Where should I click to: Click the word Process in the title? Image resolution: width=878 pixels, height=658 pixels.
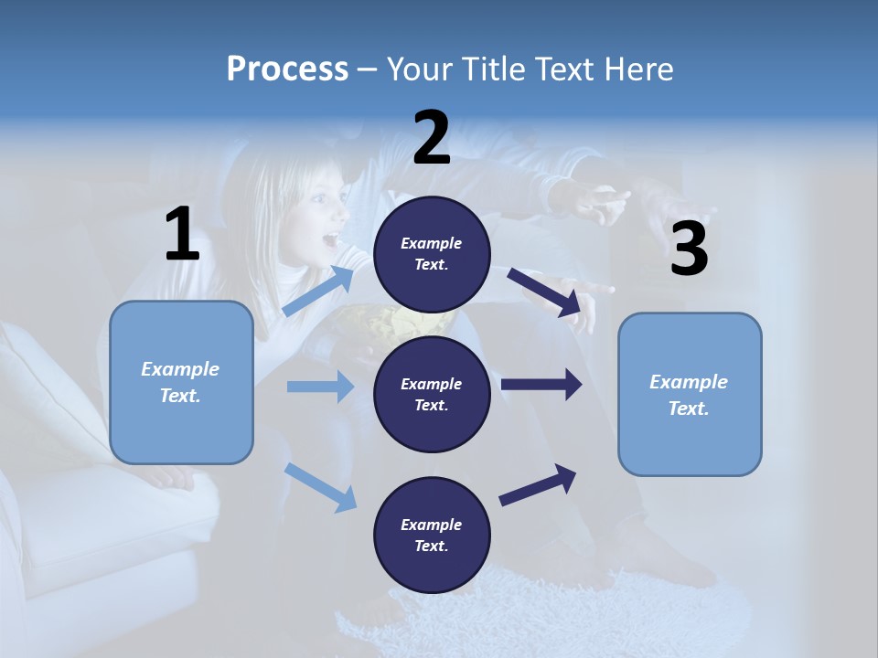287,69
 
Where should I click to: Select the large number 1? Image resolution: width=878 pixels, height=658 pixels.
182,235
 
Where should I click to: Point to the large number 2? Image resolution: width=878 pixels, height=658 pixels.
432,138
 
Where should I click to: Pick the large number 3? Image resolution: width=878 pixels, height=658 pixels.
689,249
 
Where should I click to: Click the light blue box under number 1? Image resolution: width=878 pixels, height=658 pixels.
181,382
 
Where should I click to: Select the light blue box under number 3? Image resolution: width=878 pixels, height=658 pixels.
690,395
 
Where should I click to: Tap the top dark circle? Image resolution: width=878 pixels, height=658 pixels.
432,254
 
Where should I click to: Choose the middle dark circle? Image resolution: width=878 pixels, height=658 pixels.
432,395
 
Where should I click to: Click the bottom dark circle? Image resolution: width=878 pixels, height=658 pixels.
432,536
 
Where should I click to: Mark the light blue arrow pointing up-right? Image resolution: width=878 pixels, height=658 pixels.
317,292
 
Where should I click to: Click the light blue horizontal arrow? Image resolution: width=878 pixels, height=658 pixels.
320,387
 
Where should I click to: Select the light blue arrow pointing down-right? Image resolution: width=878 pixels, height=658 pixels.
320,487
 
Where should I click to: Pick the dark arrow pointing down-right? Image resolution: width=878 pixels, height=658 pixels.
544,292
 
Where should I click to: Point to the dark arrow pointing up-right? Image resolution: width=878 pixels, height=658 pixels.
538,485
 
